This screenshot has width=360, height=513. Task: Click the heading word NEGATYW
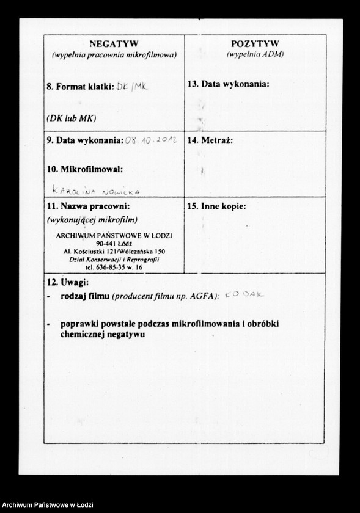(114, 44)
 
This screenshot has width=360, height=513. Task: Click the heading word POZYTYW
(255, 44)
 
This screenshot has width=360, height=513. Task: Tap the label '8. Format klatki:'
(80, 87)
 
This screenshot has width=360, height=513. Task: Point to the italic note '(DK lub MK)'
(72, 117)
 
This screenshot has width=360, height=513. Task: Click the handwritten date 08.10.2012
(151, 140)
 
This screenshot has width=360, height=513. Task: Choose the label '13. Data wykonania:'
(228, 84)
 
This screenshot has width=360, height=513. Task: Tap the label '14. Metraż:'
(210, 140)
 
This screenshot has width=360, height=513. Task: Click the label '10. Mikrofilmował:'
(84, 168)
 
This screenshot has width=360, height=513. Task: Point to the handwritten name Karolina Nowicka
(97, 191)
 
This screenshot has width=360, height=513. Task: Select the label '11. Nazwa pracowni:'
(88, 206)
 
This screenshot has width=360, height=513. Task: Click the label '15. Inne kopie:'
(216, 206)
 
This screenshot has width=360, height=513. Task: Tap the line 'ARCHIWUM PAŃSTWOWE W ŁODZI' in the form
(114, 236)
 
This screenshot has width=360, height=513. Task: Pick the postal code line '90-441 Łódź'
(114, 244)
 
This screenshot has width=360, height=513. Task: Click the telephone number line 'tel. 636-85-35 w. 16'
(114, 267)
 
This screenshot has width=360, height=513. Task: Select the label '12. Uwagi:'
(68, 283)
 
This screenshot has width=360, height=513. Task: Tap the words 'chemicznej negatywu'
(104, 334)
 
